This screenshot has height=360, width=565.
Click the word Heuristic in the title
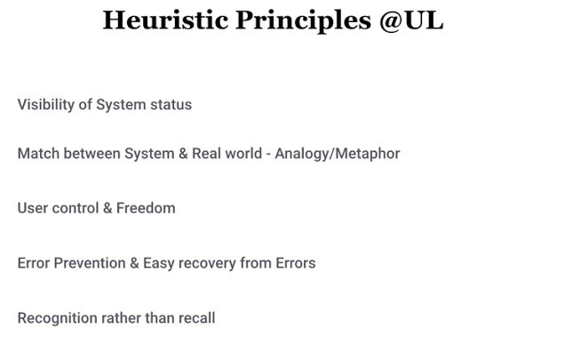tap(165, 20)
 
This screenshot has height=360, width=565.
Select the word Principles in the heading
tap(304, 21)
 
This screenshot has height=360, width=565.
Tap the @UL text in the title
tap(411, 21)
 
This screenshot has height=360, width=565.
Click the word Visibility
tap(46, 105)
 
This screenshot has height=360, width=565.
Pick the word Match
tap(38, 154)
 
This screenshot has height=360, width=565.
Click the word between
tap(92, 154)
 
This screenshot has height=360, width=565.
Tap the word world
tap(243, 154)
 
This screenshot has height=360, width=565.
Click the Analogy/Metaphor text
tap(338, 154)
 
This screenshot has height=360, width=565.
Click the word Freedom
tap(146, 208)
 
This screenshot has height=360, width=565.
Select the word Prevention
tap(90, 263)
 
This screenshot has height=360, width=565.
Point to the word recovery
tap(207, 264)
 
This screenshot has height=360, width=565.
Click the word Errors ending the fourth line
tap(296, 263)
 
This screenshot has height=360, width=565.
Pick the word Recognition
tap(57, 318)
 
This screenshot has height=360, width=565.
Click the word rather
tap(121, 318)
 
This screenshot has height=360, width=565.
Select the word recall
tap(196, 318)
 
